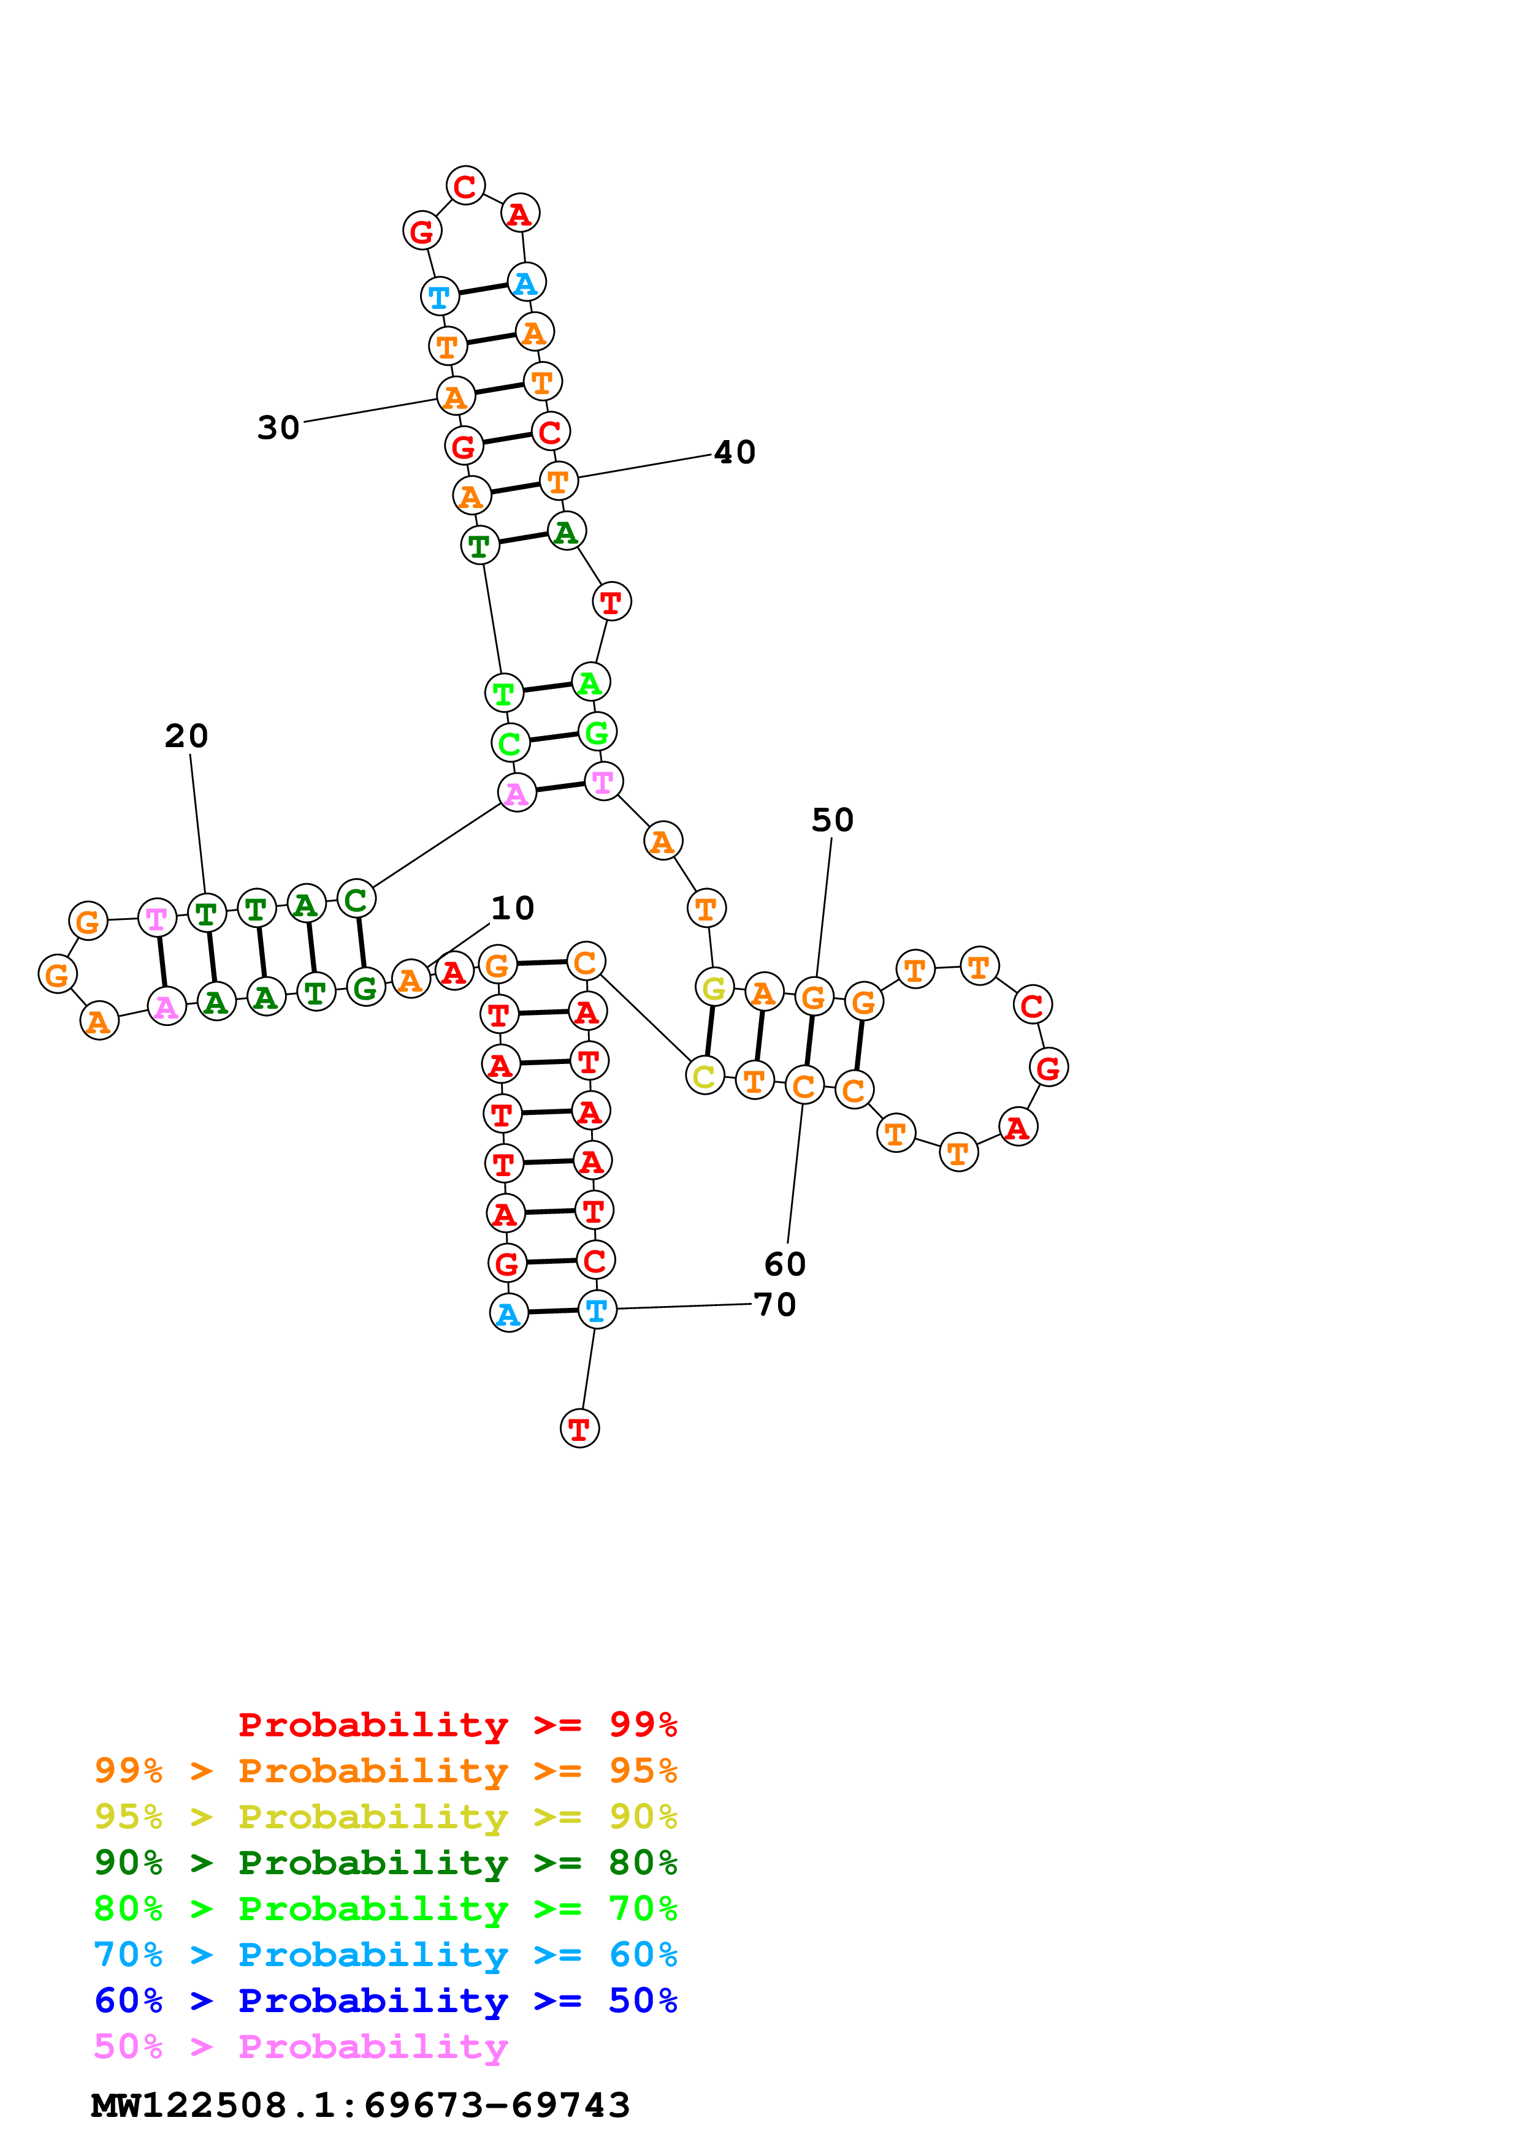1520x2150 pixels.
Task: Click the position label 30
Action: (278, 428)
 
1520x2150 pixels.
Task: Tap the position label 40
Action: (734, 452)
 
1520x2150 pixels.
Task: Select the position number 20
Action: (186, 736)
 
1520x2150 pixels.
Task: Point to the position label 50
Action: (833, 820)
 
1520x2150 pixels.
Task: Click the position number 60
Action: (785, 1264)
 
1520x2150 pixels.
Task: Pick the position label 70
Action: (774, 1304)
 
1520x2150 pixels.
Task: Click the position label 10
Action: (512, 908)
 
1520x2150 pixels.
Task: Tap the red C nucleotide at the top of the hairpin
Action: (465, 186)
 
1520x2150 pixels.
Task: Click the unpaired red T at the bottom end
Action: (579, 1429)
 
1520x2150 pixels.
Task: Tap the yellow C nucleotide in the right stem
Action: (705, 1076)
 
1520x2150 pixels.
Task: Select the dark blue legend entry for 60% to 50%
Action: (385, 2000)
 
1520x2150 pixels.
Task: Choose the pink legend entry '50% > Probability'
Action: (300, 2046)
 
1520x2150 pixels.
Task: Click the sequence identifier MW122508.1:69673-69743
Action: (361, 2105)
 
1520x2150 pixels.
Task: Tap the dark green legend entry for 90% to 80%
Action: (385, 1863)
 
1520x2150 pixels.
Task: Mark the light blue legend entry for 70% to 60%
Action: (385, 1954)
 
